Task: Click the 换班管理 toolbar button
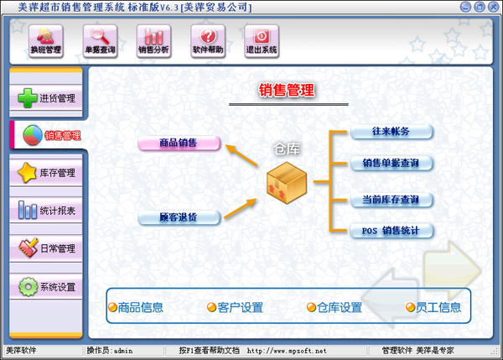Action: point(46,40)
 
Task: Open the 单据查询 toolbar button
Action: point(100,40)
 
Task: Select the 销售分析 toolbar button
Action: point(153,40)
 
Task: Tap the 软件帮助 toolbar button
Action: point(207,40)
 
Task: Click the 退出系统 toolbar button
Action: point(261,40)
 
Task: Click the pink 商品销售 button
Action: point(179,143)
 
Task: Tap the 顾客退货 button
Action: point(179,218)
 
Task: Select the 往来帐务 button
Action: point(392,132)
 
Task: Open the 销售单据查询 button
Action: point(392,163)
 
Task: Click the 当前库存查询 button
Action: point(392,200)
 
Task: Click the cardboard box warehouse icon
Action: point(286,183)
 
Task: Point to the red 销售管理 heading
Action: point(286,90)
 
